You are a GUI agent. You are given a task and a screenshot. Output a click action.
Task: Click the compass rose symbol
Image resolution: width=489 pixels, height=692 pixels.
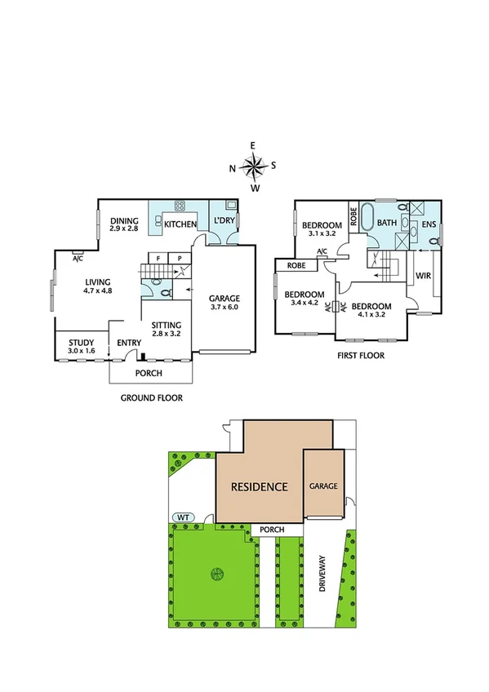coord(253,166)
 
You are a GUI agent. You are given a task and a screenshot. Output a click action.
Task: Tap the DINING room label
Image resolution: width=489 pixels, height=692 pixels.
coord(125,225)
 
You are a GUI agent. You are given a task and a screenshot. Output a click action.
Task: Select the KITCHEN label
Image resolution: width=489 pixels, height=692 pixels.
coord(180,224)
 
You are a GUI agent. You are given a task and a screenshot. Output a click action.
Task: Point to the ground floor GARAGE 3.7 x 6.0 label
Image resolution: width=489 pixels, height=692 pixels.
coord(224,303)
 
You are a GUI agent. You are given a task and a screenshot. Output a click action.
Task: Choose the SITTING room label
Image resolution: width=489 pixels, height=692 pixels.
coord(167,329)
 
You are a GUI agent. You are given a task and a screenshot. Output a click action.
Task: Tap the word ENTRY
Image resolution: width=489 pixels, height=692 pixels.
coord(129,344)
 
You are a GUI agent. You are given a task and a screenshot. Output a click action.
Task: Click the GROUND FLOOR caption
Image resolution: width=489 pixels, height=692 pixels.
coord(151,398)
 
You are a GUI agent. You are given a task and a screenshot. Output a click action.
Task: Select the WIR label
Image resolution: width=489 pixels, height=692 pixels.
coord(423,277)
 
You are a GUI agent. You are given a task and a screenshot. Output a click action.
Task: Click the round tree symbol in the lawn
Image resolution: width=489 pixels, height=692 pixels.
coord(216,574)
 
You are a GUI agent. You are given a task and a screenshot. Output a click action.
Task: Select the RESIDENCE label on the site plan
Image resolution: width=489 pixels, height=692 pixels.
coord(259,487)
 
